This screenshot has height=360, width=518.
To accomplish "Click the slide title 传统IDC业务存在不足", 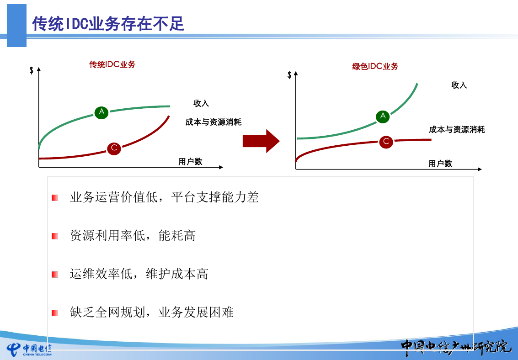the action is (108, 24).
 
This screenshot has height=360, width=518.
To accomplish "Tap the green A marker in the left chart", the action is (101, 112).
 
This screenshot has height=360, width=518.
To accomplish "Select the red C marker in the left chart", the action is (114, 148).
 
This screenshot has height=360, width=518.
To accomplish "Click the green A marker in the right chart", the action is (383, 116).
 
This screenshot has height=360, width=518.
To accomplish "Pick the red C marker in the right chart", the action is (386, 142).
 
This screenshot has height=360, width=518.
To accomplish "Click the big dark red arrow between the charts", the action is (261, 141).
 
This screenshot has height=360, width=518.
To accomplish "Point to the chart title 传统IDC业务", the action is (112, 64).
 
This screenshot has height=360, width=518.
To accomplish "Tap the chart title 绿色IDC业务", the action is (375, 66).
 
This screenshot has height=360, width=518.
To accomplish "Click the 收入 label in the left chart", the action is (201, 103).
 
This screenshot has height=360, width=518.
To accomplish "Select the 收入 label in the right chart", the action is (459, 85).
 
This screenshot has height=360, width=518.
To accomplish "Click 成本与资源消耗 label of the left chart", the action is (214, 122).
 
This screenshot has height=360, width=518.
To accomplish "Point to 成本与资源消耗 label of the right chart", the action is (457, 130).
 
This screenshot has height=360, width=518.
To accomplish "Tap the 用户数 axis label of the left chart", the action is (190, 162).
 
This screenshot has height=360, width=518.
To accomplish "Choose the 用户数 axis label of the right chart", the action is (440, 164).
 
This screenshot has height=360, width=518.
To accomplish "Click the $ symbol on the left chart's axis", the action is (32, 70).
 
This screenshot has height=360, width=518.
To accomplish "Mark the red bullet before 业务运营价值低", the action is (55, 198).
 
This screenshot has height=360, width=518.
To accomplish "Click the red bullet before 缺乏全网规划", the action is (55, 312).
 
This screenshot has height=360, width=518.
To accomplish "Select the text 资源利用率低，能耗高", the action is (133, 236).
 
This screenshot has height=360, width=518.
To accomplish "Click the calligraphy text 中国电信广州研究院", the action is (456, 348).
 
